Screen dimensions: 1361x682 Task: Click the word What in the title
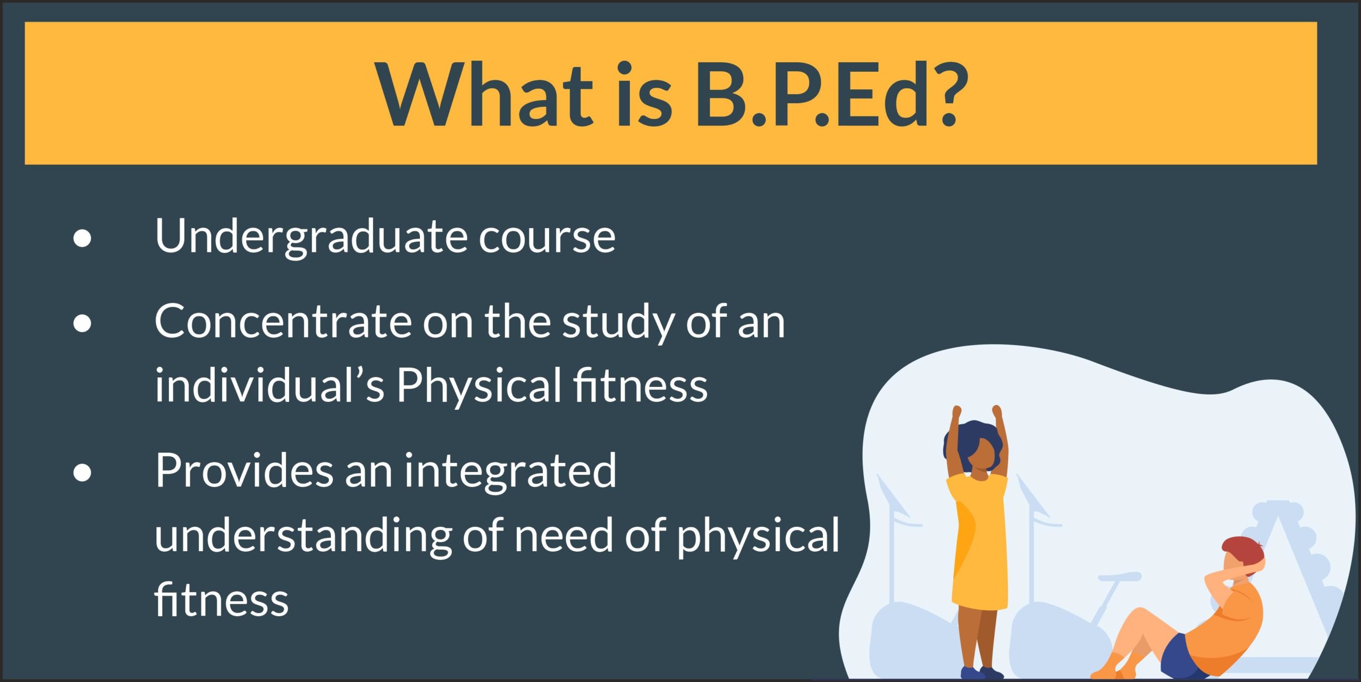pos(484,94)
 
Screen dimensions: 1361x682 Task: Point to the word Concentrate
pos(283,322)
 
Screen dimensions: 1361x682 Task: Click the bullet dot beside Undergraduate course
pos(82,239)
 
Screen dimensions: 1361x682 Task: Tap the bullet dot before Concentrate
pos(82,323)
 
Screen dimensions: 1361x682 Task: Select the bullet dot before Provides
pos(82,472)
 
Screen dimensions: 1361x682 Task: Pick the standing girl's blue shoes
pos(981,673)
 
